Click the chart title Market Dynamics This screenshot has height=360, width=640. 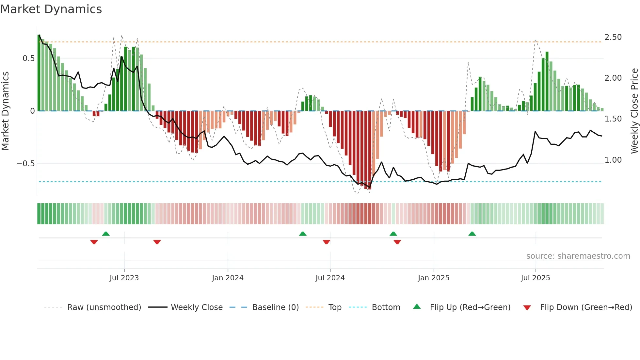tap(51, 9)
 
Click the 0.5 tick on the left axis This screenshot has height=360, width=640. tap(28, 58)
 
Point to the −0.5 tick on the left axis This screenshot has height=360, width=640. tap(26, 164)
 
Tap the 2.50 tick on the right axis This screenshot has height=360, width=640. tap(613, 37)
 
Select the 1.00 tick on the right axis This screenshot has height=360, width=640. tap(613, 160)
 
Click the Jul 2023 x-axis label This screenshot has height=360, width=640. tap(124, 278)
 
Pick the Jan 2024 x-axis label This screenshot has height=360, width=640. tap(228, 278)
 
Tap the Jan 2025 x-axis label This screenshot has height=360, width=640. tap(433, 278)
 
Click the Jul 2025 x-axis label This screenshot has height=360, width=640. tap(535, 278)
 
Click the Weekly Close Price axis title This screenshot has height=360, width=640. tap(634, 111)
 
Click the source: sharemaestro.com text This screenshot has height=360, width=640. tap(578, 256)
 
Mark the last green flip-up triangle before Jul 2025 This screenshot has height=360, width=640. tap(472, 234)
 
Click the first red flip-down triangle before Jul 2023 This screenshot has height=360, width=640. tap(94, 242)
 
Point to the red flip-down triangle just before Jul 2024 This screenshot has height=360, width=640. tap(326, 242)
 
